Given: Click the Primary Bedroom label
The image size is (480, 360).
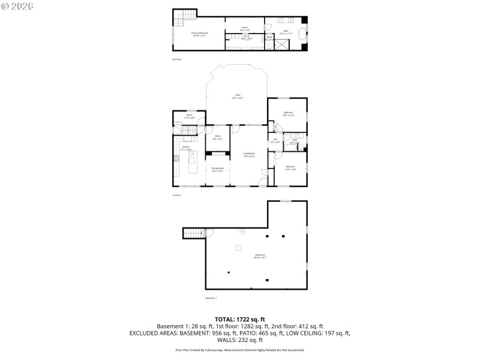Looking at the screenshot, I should pyautogui.click(x=199, y=34).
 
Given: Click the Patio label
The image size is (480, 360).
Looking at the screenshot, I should pyautogui.click(x=238, y=97).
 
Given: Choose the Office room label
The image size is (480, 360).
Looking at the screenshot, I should pyautogui.click(x=217, y=137).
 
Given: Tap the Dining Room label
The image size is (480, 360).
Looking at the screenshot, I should pyautogui.click(x=217, y=169).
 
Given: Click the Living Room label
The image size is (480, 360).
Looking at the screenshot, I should pyautogui.click(x=248, y=155).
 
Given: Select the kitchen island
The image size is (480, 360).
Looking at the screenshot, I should pyautogui.click(x=193, y=162).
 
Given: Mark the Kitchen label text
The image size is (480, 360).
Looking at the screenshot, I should pyautogui.click(x=186, y=148).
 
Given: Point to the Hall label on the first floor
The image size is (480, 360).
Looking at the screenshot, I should pyautogui.click(x=275, y=141).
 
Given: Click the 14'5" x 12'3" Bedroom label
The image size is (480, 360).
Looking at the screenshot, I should pyautogui.click(x=289, y=113).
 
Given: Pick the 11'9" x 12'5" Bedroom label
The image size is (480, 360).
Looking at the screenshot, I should pyautogui.click(x=290, y=168).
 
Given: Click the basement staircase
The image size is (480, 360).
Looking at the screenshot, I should pyautogui.click(x=193, y=233).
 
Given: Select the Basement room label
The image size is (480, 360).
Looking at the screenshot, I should pyautogui.click(x=260, y=256).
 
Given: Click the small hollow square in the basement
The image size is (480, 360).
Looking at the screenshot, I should pyautogui.click(x=239, y=247).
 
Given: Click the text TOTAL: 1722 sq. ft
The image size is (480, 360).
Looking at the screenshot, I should pyautogui.click(x=240, y=319).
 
